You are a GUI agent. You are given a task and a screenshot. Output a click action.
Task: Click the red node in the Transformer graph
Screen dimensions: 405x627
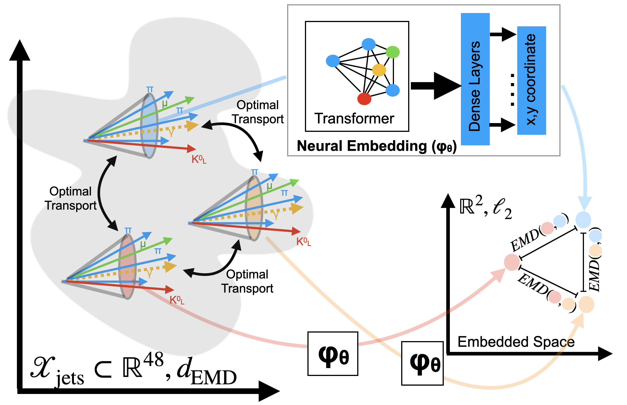(364, 99)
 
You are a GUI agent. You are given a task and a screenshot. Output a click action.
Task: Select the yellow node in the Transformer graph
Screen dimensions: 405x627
(379, 70)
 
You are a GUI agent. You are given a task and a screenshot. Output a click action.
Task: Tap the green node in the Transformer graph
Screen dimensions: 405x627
(393, 52)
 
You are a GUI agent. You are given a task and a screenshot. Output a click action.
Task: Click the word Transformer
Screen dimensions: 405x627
(354, 119)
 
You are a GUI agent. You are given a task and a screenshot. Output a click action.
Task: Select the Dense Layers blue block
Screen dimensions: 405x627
(475, 79)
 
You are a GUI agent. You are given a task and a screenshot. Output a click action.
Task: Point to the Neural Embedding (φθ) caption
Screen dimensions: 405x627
(377, 146)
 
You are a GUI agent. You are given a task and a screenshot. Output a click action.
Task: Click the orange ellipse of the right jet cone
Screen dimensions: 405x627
(254, 209)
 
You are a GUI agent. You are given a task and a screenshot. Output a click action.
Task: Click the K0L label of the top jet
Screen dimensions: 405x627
(199, 160)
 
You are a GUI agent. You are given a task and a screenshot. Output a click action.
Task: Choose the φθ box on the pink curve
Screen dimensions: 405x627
(333, 354)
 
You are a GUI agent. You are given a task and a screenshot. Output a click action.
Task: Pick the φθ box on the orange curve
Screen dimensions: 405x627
(422, 363)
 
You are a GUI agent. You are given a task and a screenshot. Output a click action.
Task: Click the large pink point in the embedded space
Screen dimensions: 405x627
(512, 262)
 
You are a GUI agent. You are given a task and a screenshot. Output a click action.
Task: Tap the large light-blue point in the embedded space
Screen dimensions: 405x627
(583, 220)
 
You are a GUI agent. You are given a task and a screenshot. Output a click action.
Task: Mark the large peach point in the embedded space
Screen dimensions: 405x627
(586, 304)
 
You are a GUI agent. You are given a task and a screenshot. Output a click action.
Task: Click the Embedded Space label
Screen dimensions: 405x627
(516, 342)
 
